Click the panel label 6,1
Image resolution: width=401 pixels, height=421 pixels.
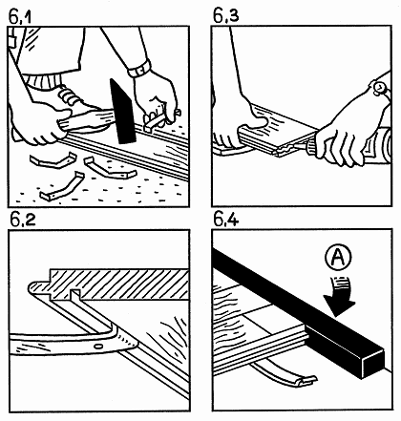pos(20,17)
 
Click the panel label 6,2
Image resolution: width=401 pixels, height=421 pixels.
pos(23,220)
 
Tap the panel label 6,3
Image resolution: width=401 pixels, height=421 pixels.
pos(225,16)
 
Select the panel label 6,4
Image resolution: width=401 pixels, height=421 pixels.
pos(225,220)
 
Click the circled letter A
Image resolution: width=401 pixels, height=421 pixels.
pos(339,257)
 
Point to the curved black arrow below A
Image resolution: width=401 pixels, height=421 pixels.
pos(339,297)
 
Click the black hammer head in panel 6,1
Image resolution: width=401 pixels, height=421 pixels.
pos(122,112)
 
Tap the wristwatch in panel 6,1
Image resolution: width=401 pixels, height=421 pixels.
pos(140,69)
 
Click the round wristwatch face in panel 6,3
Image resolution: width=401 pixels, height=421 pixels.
pos(379,87)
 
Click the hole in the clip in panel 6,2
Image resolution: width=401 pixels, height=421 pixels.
pos(98,346)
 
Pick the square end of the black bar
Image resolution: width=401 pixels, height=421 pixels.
pos(372,364)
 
